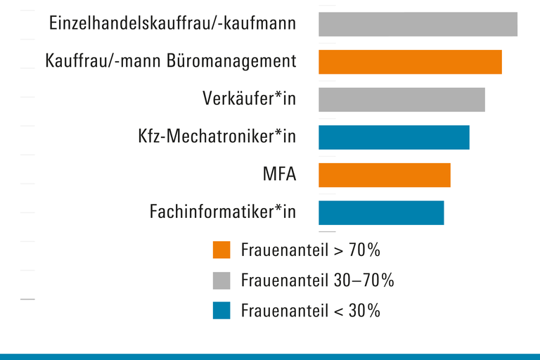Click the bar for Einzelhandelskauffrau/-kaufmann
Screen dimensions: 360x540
click(418, 24)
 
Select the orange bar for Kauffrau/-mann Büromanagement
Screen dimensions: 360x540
click(410, 62)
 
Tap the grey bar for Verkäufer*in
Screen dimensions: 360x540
click(401, 99)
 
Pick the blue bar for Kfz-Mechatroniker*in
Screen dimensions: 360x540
click(394, 137)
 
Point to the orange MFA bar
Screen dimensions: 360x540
click(384, 175)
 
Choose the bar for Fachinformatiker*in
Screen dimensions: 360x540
click(381, 212)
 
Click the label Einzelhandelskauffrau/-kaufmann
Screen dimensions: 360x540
click(172, 24)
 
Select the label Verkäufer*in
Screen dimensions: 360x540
click(249, 99)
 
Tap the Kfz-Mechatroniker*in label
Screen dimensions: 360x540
click(217, 137)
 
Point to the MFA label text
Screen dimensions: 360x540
click(279, 174)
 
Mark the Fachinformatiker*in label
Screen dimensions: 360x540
click(223, 212)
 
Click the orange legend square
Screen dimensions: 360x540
click(221, 250)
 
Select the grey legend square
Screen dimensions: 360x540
click(221, 281)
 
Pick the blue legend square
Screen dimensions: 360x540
click(221, 310)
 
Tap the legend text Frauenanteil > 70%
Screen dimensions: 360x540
click(310, 250)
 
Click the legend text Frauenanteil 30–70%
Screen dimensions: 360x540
click(317, 281)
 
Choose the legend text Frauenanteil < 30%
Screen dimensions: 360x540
click(310, 310)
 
